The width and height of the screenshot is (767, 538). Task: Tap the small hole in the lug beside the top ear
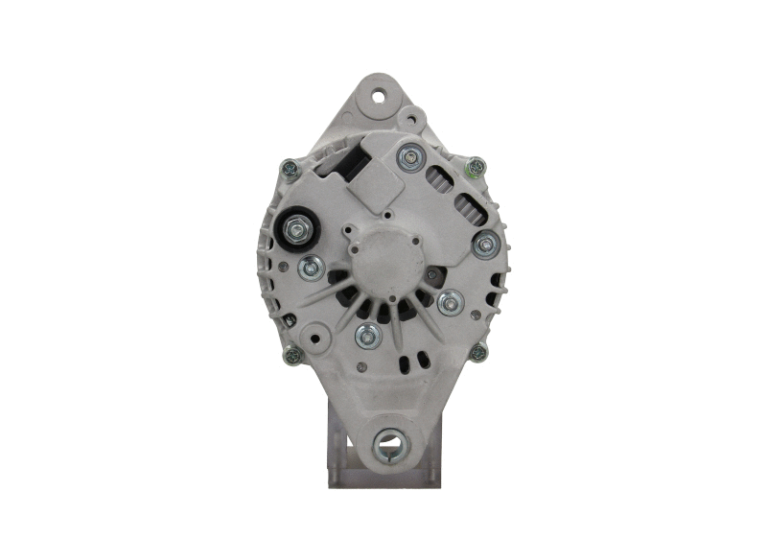click(x=412, y=120)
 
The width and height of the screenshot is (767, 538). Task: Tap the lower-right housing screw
click(x=477, y=352)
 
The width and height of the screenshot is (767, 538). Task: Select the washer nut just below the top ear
click(x=410, y=156)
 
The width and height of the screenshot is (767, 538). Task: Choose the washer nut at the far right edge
click(x=485, y=244)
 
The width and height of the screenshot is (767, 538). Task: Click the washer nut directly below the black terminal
click(x=309, y=269)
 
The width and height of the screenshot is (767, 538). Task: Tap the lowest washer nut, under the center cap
click(x=366, y=335)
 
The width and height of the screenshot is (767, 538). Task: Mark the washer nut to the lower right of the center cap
click(x=450, y=304)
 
